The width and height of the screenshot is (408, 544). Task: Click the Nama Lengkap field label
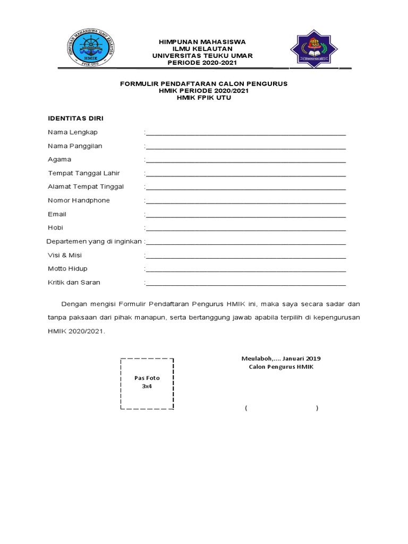pyautogui.click(x=73, y=132)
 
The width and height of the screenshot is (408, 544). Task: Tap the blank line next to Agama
pyautogui.click(x=245, y=160)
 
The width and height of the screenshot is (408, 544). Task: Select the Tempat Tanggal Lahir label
pyautogui.click(x=83, y=173)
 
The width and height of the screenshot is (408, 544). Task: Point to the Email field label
pyautogui.click(x=57, y=214)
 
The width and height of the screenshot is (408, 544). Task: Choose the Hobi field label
pyautogui.click(x=55, y=227)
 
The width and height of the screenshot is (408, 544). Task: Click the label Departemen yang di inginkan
pyautogui.click(x=94, y=241)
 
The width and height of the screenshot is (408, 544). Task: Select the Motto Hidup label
pyautogui.click(x=67, y=269)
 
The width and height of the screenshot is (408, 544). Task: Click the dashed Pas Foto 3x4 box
pyautogui.click(x=147, y=382)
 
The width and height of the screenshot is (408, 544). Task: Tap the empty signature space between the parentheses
pyautogui.click(x=282, y=408)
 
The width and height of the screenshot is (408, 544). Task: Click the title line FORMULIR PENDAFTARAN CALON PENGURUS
pyautogui.click(x=204, y=84)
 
